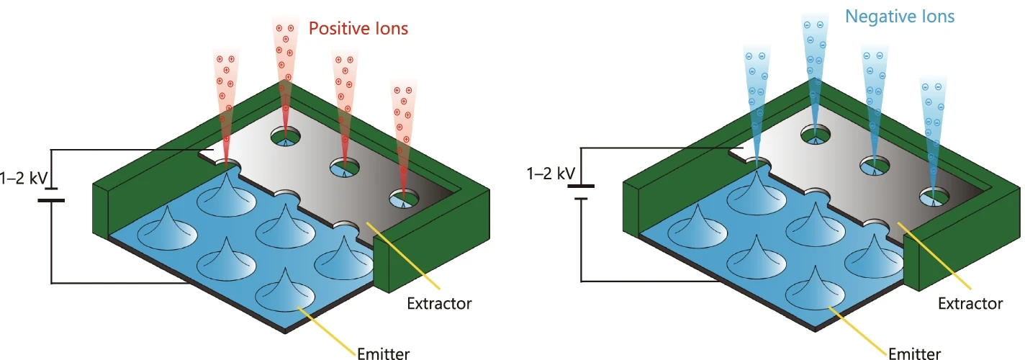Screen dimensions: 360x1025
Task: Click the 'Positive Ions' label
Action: [358, 29]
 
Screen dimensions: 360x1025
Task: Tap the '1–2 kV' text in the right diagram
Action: [551, 173]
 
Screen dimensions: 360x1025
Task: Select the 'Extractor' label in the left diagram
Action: [439, 303]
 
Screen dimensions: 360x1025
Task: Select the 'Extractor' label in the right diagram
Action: [970, 303]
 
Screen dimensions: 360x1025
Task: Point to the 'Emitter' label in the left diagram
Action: [383, 353]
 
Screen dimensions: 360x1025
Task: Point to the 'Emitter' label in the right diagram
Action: [914, 353]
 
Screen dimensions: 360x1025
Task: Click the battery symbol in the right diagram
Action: [580, 191]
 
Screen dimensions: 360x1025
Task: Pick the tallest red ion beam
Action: [284, 72]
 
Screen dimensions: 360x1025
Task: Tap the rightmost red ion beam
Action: [404, 137]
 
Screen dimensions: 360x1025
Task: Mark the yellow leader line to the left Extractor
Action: [399, 256]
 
